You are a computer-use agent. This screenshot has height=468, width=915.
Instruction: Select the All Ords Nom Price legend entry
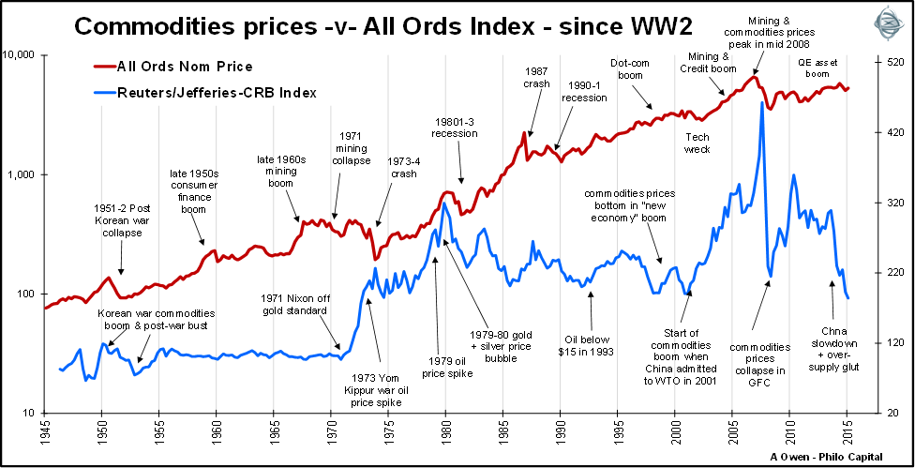coord(184,67)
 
